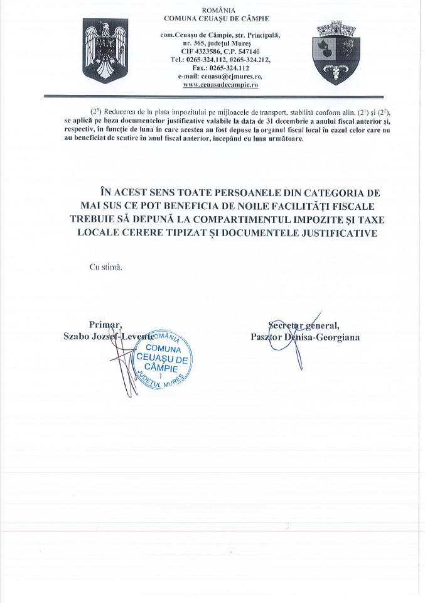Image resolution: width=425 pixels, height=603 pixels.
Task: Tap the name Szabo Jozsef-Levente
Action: coord(109,337)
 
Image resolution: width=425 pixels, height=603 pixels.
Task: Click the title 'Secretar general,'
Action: coord(303,325)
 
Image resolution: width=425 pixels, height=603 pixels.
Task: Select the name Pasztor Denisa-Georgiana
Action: coord(304,337)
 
